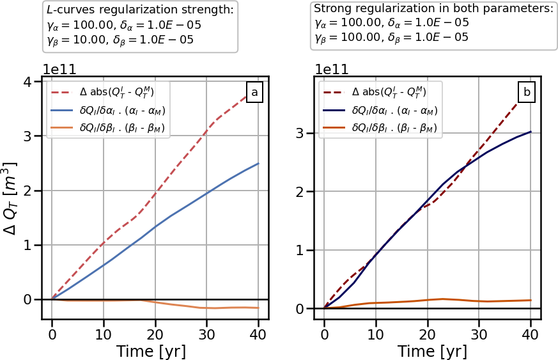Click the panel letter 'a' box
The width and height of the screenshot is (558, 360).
[x=254, y=93]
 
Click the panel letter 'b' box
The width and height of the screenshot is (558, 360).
[x=527, y=93]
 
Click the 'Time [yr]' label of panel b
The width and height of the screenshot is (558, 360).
[x=432, y=351]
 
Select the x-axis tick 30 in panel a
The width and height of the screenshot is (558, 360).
[x=206, y=333]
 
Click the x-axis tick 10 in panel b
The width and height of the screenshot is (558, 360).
[x=376, y=333]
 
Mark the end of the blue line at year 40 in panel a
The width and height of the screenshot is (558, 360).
[x=258, y=164]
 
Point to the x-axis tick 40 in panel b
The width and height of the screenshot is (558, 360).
[x=530, y=333]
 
